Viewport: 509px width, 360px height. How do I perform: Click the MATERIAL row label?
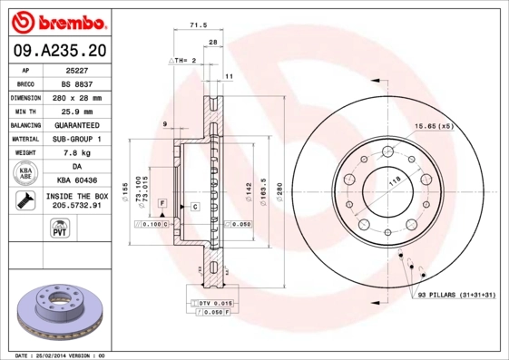click(x=24, y=139)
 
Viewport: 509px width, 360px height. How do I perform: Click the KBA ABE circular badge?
click(x=24, y=173)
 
